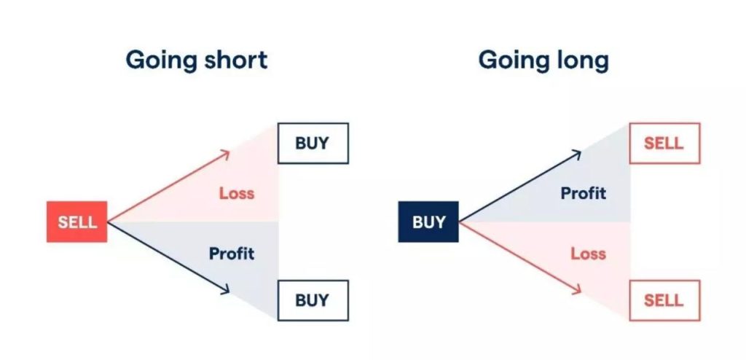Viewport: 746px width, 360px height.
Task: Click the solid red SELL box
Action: coord(77,222)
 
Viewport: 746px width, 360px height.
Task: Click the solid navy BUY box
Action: coord(428,222)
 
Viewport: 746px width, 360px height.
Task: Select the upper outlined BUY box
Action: coord(313,144)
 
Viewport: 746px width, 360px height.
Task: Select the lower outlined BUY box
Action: coord(313,300)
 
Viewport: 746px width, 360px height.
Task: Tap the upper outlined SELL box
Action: coord(664,144)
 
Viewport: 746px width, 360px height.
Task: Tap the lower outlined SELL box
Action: coord(664,300)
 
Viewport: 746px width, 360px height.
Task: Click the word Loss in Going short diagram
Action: coord(237,193)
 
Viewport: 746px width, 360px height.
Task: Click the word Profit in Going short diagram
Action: coord(232,254)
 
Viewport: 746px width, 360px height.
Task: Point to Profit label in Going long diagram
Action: coord(584,193)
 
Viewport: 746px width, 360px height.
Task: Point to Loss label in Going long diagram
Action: coord(589,254)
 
